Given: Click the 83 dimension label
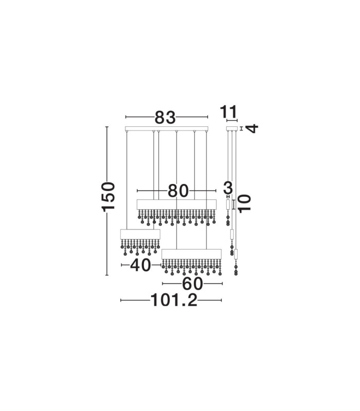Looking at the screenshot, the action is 165,118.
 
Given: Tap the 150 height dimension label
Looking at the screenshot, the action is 109,197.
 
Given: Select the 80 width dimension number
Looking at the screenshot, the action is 178,191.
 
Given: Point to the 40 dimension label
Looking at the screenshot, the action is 140,265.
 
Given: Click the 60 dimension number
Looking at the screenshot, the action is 192,284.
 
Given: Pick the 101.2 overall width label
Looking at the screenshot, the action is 174,300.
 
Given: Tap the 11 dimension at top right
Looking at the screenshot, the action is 229,112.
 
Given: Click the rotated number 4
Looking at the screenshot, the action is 253,129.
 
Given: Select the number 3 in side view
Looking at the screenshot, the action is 228,188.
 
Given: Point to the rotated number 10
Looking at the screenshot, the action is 245,203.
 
